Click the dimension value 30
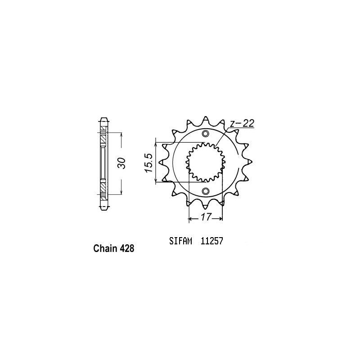pos(121,163)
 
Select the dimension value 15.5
pos(149,162)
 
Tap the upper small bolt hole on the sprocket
pos(206,134)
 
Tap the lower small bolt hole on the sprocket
pos(206,192)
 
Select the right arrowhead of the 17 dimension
pos(222,219)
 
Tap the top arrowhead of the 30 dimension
pos(121,135)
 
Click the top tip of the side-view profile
pos(104,119)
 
